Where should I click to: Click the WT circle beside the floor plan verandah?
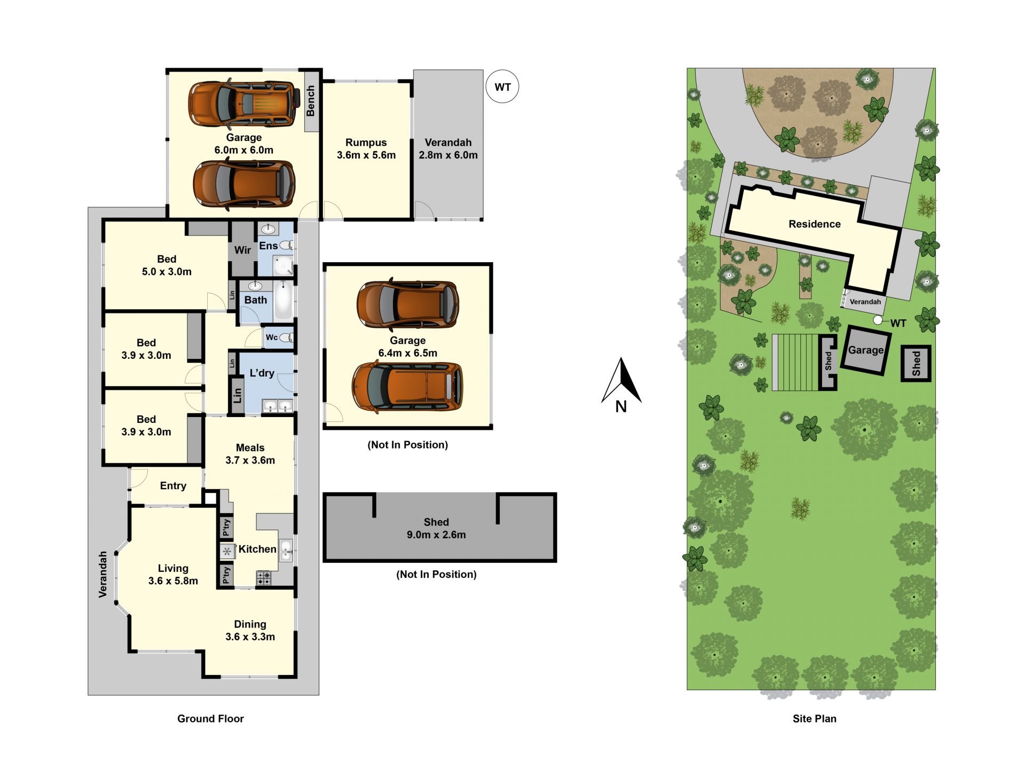pos(502,87)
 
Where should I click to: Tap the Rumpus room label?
pos(366,143)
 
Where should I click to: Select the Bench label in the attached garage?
pos(311,101)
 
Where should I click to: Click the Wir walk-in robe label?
pos(242,250)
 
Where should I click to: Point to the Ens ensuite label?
pos(268,246)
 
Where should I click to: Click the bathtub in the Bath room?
pos(283,300)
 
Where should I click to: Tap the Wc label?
pos(272,337)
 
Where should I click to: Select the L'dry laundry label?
pos(262,373)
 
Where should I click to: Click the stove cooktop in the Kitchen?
pos(264,578)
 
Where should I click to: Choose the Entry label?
pos(173,486)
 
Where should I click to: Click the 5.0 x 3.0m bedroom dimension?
pos(167,272)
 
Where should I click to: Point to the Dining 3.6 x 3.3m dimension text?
pos(250,637)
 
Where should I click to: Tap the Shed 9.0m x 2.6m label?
pos(436,529)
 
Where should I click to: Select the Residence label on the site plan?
pos(815,224)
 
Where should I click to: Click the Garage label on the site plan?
pos(865,350)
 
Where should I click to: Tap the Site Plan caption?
pos(814,719)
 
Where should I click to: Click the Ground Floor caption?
pos(210,719)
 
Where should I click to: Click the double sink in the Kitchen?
pos(286,550)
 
